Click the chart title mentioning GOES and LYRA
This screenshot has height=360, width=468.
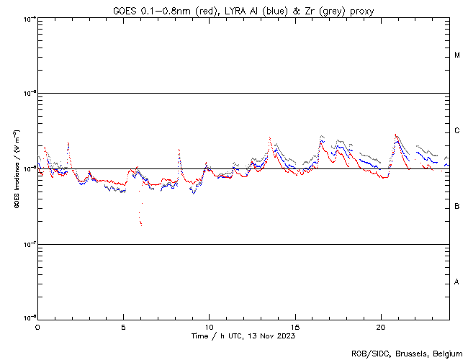[x=243, y=11]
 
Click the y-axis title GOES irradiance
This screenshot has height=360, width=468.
[x=16, y=169]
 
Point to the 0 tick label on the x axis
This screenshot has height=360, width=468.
[x=37, y=326]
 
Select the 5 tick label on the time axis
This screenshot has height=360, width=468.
[x=123, y=326]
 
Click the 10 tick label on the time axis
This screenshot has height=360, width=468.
[x=209, y=326]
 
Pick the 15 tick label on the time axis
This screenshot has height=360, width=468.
[x=294, y=326]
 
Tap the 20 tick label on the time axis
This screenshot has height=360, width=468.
[x=380, y=326]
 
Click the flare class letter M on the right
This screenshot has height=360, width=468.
[x=457, y=55]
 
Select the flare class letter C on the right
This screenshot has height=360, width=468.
[x=457, y=131]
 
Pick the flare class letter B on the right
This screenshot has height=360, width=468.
[x=457, y=207]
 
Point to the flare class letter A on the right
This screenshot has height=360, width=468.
[x=457, y=282]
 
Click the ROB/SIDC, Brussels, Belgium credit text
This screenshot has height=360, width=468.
[x=407, y=353]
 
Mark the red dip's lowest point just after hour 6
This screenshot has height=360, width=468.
[x=141, y=225]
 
